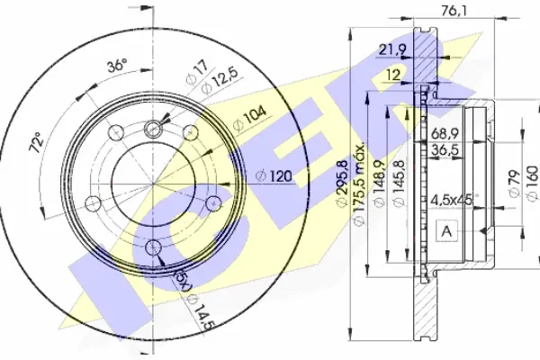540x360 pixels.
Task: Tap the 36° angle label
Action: pos(117,65)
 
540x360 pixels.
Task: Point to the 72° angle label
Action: pos(37,142)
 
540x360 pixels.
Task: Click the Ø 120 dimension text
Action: pos(274,176)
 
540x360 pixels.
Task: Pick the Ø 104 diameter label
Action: pos(249,118)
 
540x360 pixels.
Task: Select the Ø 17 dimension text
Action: pos(197,73)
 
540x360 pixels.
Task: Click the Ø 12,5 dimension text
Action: pos(220,81)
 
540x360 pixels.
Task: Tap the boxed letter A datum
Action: pos(446,230)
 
